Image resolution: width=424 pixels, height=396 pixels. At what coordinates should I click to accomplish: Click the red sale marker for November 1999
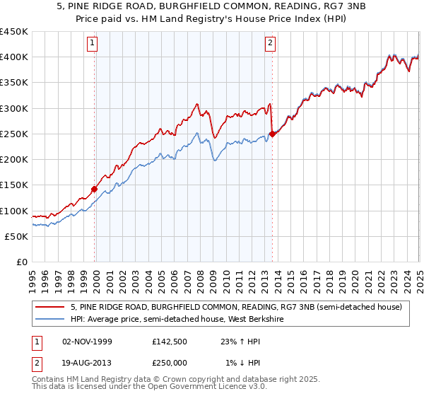[x=95, y=189]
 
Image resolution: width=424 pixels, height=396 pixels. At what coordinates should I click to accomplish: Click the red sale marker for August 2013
[x=273, y=134]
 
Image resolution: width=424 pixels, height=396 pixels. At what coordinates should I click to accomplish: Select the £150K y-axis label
[x=14, y=185]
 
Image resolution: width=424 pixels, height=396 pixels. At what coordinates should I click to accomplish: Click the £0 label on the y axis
[x=21, y=262]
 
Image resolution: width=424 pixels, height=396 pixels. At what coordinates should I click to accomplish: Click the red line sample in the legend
[x=52, y=307]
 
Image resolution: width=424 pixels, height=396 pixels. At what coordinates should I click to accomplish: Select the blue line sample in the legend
[x=52, y=320]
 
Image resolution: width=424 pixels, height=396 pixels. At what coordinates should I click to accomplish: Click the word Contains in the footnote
[x=49, y=379]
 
